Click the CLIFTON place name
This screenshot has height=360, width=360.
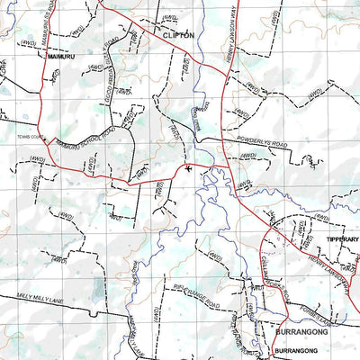click(x=179, y=34)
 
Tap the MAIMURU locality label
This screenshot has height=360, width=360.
click(x=59, y=54)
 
